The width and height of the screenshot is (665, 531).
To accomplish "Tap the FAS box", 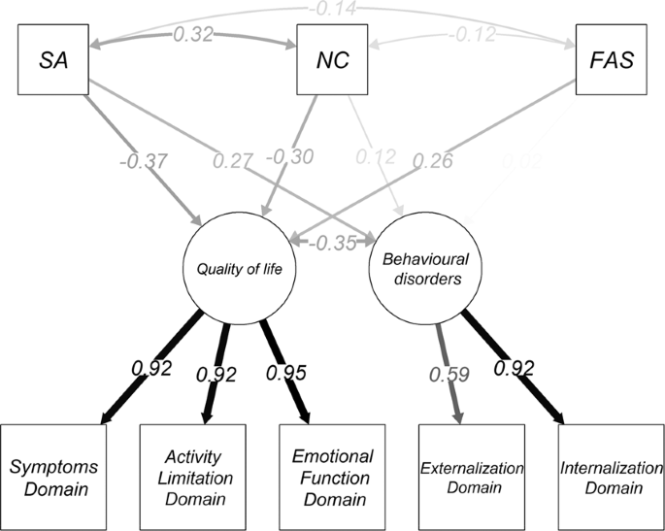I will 609,59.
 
